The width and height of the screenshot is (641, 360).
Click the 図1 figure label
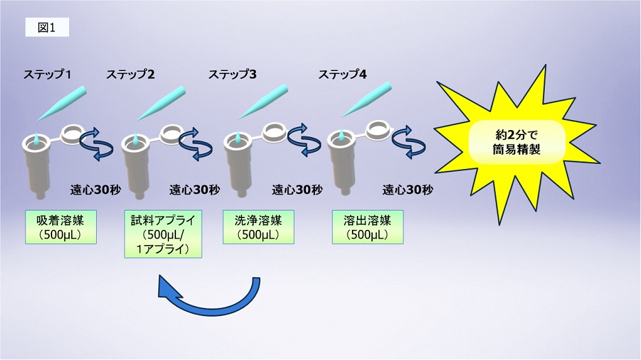click(x=47, y=28)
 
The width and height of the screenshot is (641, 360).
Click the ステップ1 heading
click(x=47, y=74)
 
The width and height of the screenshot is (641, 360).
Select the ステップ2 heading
click(x=131, y=74)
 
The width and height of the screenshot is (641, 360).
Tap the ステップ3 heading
click(x=233, y=74)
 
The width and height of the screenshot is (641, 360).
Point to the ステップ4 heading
click(x=342, y=74)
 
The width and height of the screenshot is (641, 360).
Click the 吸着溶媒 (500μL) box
click(x=61, y=227)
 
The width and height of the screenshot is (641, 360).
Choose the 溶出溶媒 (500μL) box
click(x=367, y=227)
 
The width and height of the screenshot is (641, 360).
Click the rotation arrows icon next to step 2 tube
click(x=195, y=143)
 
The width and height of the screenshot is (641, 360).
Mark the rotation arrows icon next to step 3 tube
click(x=300, y=143)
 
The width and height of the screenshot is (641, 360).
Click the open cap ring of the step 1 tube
click(x=72, y=133)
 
